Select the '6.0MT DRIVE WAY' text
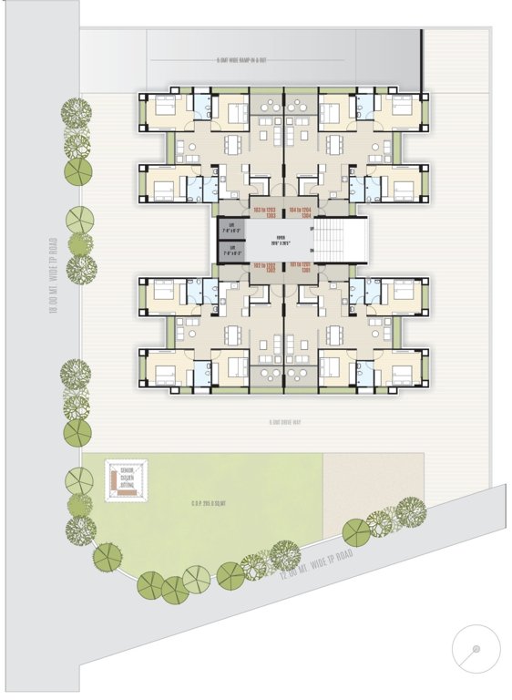tap(284, 423)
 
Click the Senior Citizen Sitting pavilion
tap(127, 479)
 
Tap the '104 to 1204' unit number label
tap(302, 212)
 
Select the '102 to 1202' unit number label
tap(265, 268)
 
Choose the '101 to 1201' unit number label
tap(302, 268)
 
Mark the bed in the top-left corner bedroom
tap(166, 108)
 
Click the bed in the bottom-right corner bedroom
tap(401, 371)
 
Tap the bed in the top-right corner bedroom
tap(401, 108)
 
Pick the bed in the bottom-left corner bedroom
tap(166, 371)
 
